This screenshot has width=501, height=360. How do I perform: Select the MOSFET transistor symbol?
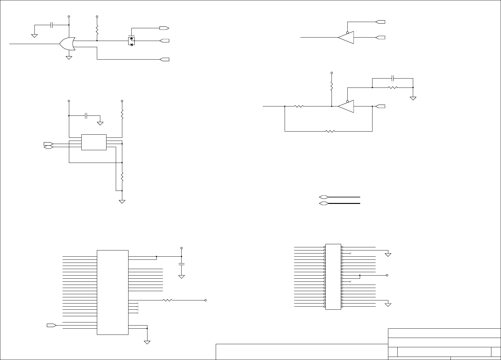click(x=131, y=41)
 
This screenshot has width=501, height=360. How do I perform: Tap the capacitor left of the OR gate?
click(x=52, y=25)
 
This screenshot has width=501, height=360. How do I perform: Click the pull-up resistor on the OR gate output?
click(x=97, y=30)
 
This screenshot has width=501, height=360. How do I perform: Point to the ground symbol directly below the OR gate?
click(x=69, y=57)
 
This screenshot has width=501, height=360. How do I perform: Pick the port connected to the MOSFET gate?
click(x=164, y=28)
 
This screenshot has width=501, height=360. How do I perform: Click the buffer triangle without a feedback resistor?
click(x=346, y=38)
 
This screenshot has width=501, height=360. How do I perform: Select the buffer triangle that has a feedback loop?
click(x=346, y=106)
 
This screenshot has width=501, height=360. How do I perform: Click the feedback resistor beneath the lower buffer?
click(x=330, y=131)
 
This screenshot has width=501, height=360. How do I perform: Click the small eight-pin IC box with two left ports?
click(x=94, y=142)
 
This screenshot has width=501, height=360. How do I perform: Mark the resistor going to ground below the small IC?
click(x=122, y=177)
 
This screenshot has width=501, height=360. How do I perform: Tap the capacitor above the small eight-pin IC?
click(x=87, y=116)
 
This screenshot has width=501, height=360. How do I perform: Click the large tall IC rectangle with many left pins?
click(x=113, y=292)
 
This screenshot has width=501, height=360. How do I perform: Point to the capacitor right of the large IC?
click(x=182, y=264)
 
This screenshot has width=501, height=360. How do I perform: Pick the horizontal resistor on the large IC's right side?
click(x=167, y=300)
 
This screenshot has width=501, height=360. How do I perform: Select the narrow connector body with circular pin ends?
click(x=333, y=277)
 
